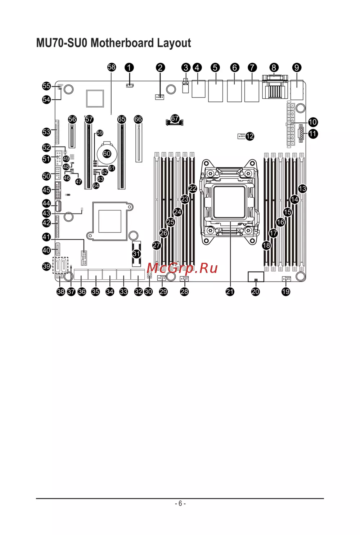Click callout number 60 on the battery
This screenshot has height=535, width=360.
tap(107, 154)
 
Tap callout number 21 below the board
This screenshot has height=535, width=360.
tap(230, 292)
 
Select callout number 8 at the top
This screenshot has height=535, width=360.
tap(274, 68)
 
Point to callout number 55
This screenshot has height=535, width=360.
tap(46, 86)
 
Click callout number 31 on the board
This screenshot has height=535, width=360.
tap(136, 254)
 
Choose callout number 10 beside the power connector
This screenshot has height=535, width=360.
tap(312, 122)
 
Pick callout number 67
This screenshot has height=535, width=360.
tap(175, 118)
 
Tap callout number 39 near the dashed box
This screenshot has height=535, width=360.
tap(46, 266)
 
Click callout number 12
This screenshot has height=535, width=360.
tap(249, 136)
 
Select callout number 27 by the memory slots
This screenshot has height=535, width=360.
tap(157, 245)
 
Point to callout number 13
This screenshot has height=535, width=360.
tap(302, 188)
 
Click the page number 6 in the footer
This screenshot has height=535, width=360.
tap(180, 503)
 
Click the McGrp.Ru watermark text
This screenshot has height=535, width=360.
tap(182, 268)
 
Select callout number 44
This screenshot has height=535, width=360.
tap(46, 203)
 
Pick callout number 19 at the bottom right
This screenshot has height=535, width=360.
tap(286, 292)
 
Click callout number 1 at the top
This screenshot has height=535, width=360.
tap(129, 68)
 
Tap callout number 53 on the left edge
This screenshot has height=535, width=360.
tap(46, 132)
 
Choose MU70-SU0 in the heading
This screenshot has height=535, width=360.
tap(62, 43)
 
